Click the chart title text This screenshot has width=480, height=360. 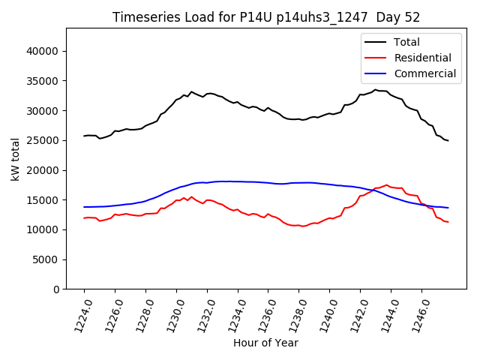click(x=265, y=17)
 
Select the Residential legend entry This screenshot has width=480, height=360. click(x=422, y=58)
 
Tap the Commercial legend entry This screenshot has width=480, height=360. click(x=424, y=73)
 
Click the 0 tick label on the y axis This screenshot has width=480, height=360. click(x=56, y=289)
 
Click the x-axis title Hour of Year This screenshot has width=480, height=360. click(x=265, y=343)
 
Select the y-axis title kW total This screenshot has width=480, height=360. click(x=15, y=158)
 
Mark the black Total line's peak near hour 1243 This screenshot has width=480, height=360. click(x=376, y=90)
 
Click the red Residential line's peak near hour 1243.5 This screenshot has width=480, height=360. click(x=387, y=184)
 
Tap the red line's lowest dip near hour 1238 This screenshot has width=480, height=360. click(x=302, y=226)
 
